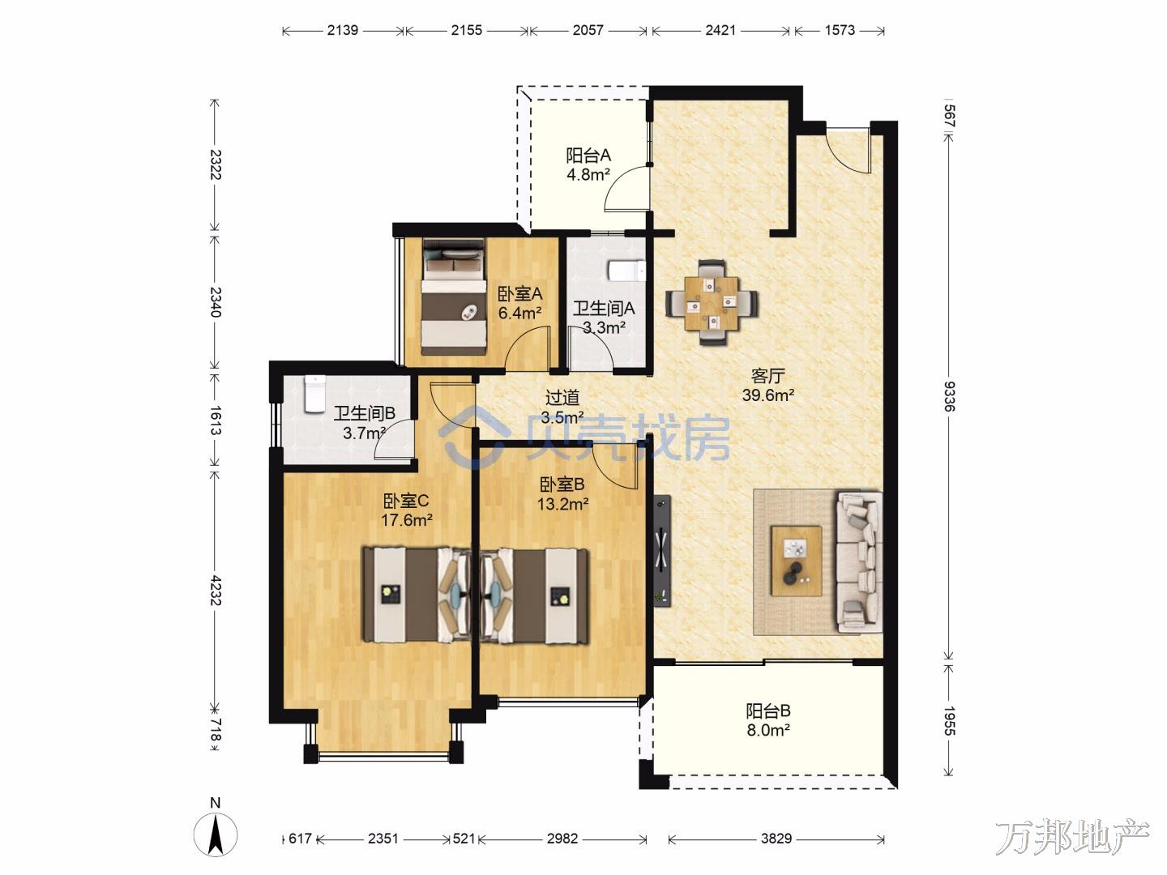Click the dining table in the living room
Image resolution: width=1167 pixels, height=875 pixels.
[x=712, y=303]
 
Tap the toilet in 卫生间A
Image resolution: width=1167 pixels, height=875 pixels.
[x=626, y=271]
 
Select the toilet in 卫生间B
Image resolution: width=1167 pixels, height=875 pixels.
[x=314, y=394]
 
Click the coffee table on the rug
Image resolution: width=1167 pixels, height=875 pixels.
[x=797, y=561]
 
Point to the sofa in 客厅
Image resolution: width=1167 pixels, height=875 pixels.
[x=860, y=562]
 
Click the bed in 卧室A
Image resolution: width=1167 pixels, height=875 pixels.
[x=454, y=297]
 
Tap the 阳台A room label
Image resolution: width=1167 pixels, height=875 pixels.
[x=588, y=156]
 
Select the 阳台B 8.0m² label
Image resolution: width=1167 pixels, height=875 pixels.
[x=768, y=720]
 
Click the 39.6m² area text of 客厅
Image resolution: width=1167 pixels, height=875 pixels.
[x=768, y=395]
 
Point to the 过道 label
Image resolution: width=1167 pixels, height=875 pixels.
[x=562, y=397]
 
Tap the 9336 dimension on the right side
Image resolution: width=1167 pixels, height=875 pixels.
[x=950, y=396]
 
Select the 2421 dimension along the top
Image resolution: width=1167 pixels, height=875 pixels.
[x=720, y=30]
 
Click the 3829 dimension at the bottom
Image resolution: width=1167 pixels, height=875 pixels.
[x=776, y=839]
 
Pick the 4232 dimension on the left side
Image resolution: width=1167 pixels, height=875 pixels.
[x=215, y=590]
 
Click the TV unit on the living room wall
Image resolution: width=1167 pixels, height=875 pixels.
[x=662, y=550]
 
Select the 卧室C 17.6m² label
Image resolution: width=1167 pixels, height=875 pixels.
[x=406, y=510]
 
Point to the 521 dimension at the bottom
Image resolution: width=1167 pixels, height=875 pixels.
[x=464, y=839]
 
